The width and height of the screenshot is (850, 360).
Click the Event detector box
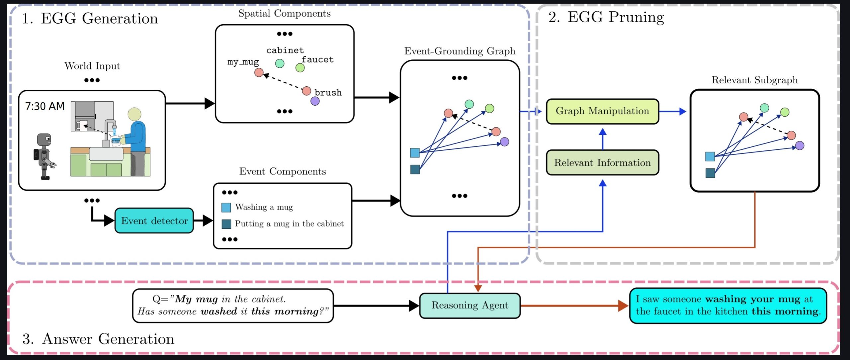(x=154, y=221)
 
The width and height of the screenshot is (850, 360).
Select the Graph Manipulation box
(x=602, y=111)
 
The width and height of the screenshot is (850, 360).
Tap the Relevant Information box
(x=602, y=163)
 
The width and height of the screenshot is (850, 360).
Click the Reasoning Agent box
(x=469, y=306)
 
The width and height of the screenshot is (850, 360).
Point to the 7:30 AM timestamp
(x=45, y=106)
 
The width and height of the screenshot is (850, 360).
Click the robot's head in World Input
(x=44, y=139)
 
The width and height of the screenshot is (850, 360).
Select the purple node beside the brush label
(x=315, y=101)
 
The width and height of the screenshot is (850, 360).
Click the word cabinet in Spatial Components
(x=285, y=50)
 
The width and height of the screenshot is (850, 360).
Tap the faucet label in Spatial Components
(x=317, y=60)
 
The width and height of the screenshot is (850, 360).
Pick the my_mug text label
(x=243, y=62)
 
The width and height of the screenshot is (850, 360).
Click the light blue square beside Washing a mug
(x=226, y=208)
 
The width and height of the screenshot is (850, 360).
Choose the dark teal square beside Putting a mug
(x=226, y=224)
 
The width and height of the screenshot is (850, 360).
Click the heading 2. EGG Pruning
(x=606, y=17)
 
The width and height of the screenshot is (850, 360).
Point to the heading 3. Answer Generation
(x=98, y=339)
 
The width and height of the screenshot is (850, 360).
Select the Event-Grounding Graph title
(x=460, y=51)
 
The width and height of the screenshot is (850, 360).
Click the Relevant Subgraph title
(x=754, y=80)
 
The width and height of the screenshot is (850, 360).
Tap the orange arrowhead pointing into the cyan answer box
(x=623, y=306)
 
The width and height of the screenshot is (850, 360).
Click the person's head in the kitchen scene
(x=134, y=114)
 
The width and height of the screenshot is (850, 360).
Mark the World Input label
(x=92, y=66)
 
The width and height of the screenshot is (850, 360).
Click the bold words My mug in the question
(x=196, y=299)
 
